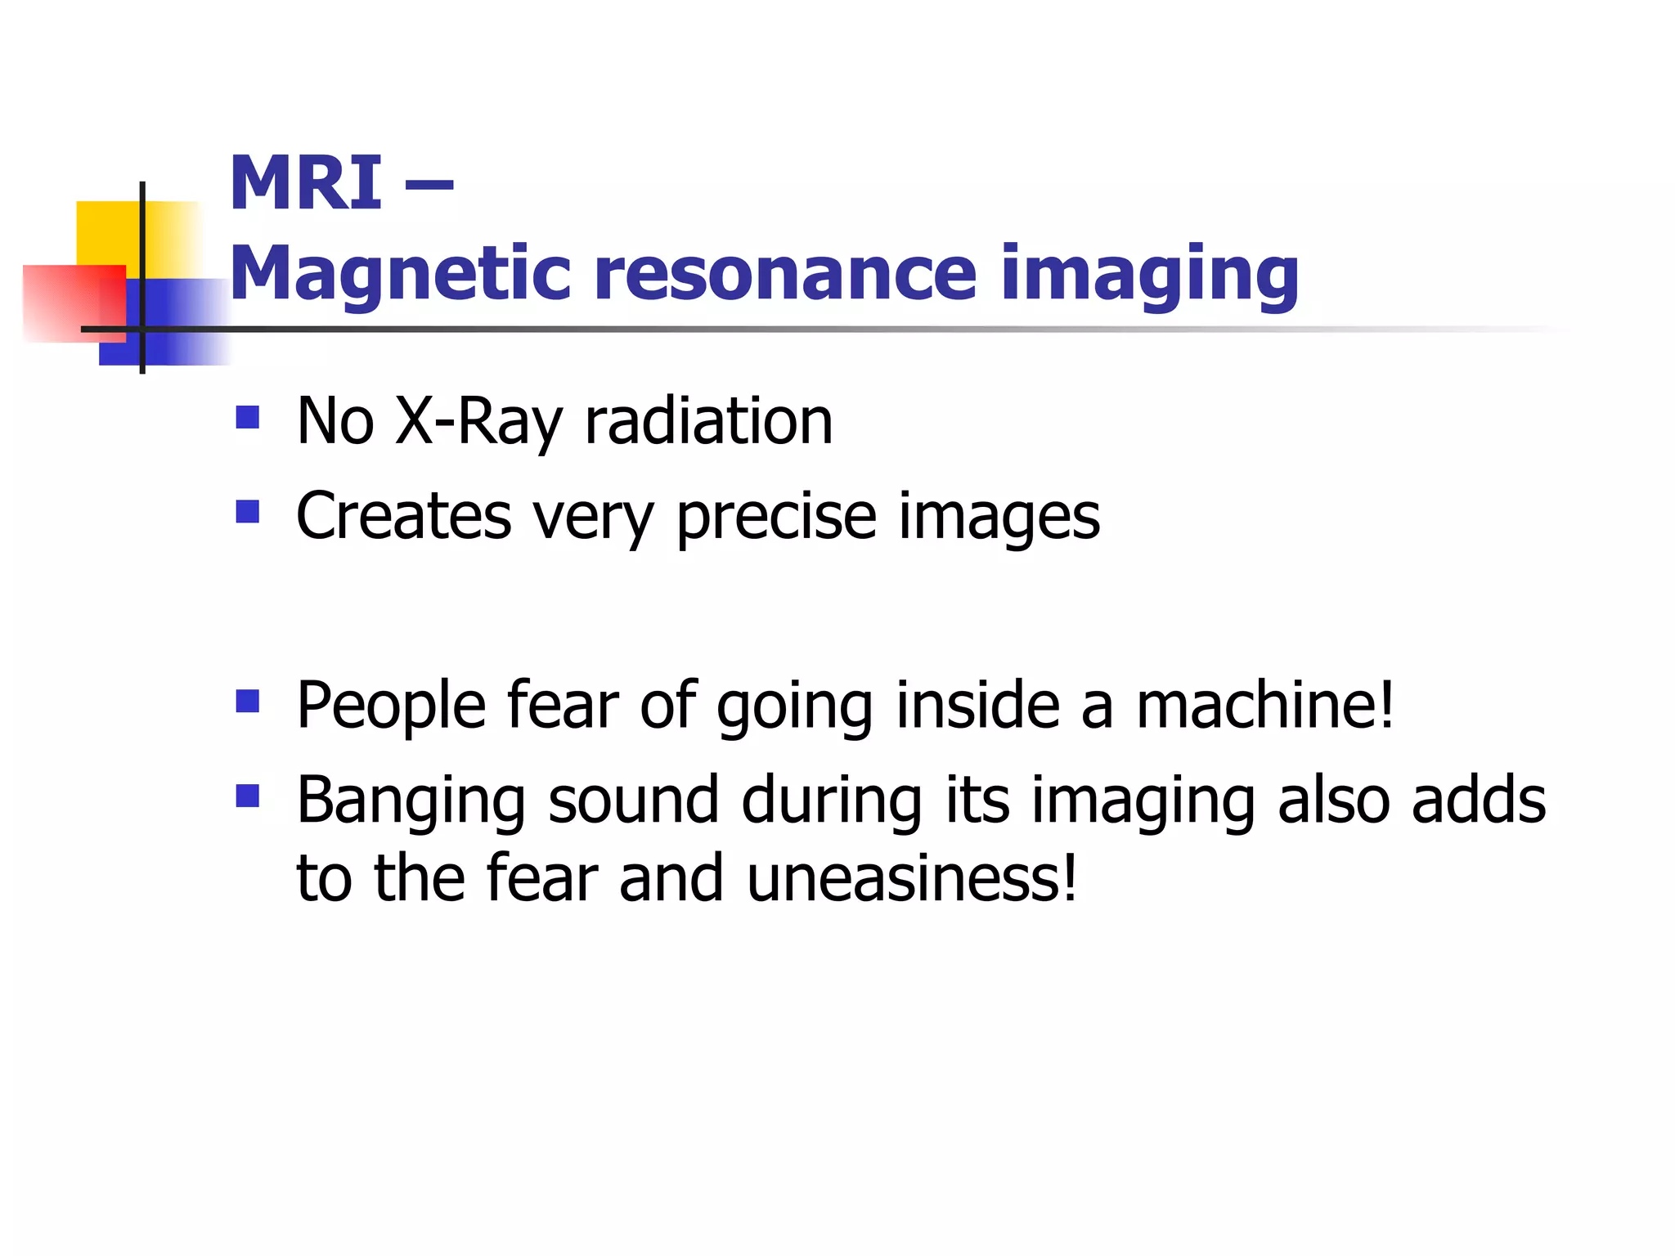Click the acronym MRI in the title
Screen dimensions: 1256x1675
click(x=305, y=183)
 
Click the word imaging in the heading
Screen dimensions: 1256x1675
click(x=1149, y=275)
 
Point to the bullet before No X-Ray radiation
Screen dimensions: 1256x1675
click(x=247, y=418)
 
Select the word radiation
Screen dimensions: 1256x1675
click(x=708, y=420)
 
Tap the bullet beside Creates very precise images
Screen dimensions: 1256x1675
click(x=247, y=512)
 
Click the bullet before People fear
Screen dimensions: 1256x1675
click(x=247, y=701)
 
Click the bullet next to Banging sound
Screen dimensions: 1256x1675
click(x=247, y=796)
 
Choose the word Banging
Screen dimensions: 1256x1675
click(x=410, y=801)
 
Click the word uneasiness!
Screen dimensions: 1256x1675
click(x=912, y=878)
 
